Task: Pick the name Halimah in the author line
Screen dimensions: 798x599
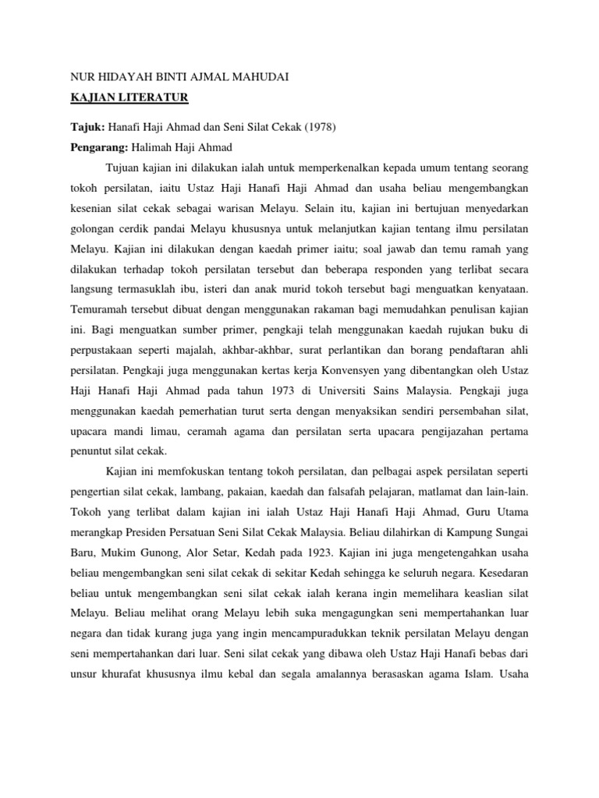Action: tap(152, 147)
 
